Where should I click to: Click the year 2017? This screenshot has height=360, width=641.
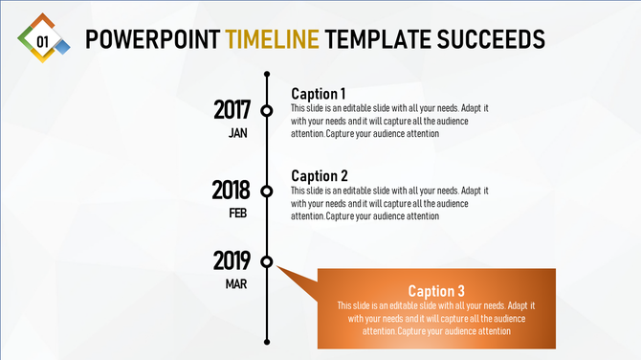232,110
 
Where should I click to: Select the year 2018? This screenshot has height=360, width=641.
232,191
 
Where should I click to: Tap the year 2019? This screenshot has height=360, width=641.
232,260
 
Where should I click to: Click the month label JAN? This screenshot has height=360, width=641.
238,133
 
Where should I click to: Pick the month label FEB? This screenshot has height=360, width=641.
238,214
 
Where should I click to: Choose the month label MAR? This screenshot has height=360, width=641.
237,283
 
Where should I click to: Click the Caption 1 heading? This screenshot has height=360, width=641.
319,94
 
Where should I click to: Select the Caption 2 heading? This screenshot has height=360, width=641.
320,176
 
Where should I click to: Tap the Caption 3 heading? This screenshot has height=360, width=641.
436,291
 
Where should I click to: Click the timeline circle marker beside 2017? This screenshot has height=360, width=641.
267,110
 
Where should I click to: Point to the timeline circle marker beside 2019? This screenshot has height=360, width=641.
267,261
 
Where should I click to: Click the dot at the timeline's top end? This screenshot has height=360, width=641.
267,74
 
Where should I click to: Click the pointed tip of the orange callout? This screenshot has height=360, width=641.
278,269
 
